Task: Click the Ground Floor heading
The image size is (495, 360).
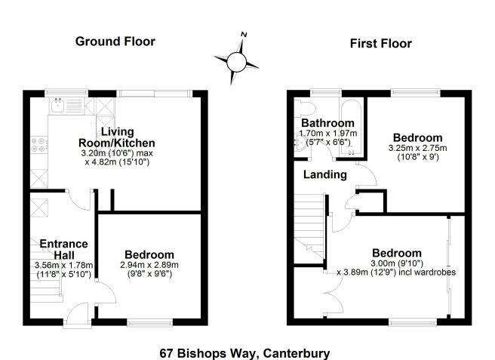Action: pyautogui.click(x=115, y=42)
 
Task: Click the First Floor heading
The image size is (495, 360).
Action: pyautogui.click(x=380, y=44)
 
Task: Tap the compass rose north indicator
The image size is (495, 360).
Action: pyautogui.click(x=244, y=35)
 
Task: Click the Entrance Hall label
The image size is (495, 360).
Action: pyautogui.click(x=64, y=249)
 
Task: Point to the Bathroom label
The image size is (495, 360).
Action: pyautogui.click(x=327, y=123)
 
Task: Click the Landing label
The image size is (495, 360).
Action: pyautogui.click(x=324, y=175)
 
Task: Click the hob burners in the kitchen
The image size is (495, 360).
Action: pyautogui.click(x=38, y=143)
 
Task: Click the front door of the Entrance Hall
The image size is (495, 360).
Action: pyautogui.click(x=76, y=317)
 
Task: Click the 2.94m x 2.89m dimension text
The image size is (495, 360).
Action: pyautogui.click(x=149, y=266)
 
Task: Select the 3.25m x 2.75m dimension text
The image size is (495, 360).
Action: pyautogui.click(x=417, y=148)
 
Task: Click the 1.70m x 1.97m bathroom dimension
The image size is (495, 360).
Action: pyautogui.click(x=328, y=134)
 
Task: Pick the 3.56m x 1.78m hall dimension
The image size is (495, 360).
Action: pyautogui.click(x=63, y=266)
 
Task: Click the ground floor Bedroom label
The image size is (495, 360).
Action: pyautogui.click(x=149, y=255)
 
